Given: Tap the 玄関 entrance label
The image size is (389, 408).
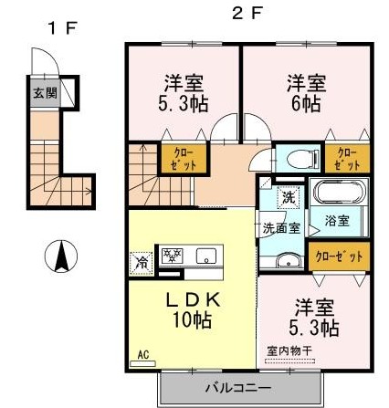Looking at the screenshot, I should [x=43, y=93].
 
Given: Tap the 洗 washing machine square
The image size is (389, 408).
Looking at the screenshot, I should [x=287, y=197].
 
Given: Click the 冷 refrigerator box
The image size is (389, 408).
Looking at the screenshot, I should [x=142, y=259].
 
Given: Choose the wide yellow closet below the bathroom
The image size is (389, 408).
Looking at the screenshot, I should [x=338, y=256].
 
